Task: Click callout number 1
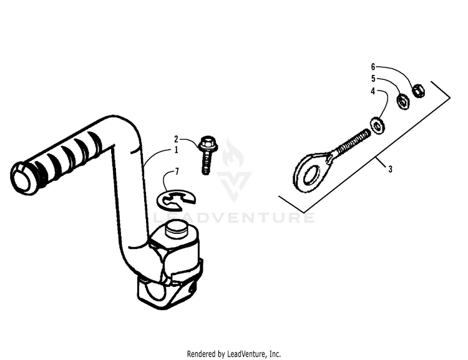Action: (176, 150)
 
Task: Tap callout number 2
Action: (176, 139)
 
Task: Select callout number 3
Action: (390, 169)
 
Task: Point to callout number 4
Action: (373, 91)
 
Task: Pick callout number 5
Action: (373, 79)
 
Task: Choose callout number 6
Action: (373, 67)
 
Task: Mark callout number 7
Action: (177, 172)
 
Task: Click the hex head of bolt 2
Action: (208, 144)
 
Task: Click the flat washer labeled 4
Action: (378, 125)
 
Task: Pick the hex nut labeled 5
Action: (403, 102)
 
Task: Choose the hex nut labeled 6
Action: (419, 90)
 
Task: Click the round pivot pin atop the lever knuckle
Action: (176, 228)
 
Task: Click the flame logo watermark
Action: (234, 153)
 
